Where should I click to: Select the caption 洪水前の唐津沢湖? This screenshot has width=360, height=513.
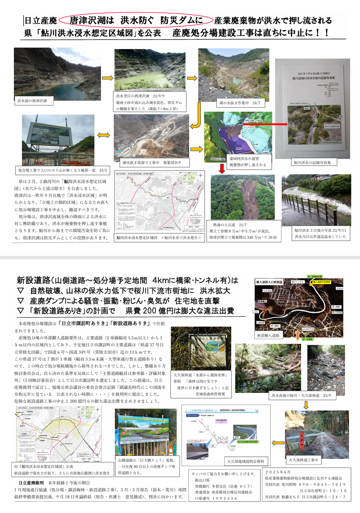[32, 101]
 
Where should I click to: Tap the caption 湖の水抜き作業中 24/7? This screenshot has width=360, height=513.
[240, 103]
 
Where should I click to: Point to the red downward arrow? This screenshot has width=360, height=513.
[222, 168]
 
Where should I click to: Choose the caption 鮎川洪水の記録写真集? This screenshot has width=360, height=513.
[312, 163]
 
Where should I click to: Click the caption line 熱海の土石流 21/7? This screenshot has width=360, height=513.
[230, 225]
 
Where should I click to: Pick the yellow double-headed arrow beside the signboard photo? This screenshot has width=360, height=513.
[104, 135]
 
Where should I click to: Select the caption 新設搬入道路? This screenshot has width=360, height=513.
[268, 335]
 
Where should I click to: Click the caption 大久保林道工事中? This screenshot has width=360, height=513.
[303, 460]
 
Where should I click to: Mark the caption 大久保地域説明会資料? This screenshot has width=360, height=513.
[245, 461]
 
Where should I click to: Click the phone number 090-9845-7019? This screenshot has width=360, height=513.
[322, 484]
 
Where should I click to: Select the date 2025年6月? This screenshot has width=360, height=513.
[278, 472]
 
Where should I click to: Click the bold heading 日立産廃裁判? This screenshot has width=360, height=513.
[31, 483]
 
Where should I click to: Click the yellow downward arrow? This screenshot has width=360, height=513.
[306, 405]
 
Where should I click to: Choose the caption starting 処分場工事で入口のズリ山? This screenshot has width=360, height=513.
[63, 170]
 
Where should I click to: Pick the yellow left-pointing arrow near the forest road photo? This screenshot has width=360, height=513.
[278, 443]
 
